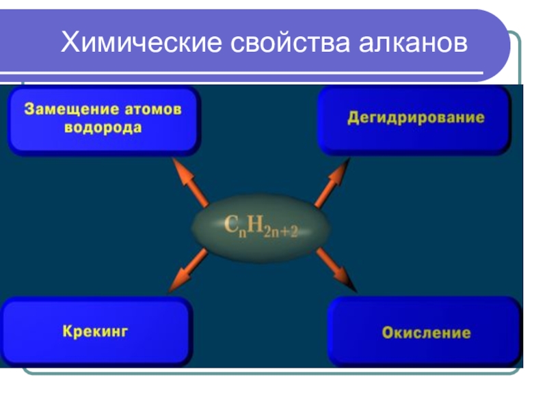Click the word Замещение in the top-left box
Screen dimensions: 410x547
(x=66, y=109)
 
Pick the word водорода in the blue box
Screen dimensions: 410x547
(x=104, y=128)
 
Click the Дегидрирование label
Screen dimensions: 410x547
(x=416, y=118)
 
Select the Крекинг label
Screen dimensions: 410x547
(x=96, y=332)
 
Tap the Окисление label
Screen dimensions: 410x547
(x=426, y=333)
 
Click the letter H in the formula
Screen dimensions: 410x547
(x=254, y=224)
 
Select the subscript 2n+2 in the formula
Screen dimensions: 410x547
(x=280, y=232)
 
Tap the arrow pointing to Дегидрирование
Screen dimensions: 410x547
(x=332, y=182)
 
